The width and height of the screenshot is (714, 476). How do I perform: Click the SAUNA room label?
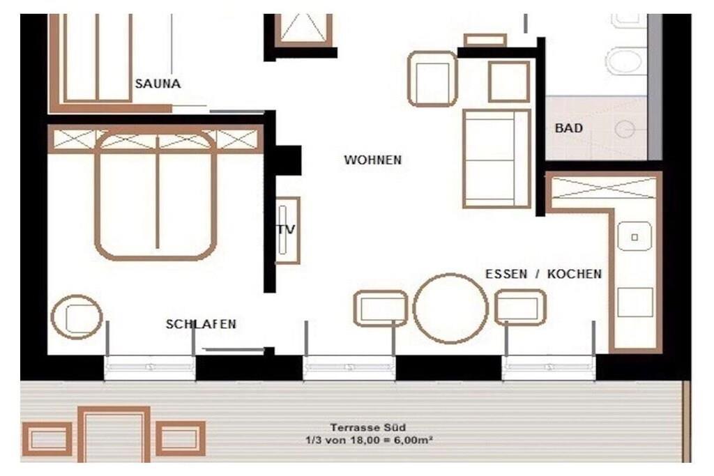pos(158,84)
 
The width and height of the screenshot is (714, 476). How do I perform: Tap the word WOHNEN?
pos(373,160)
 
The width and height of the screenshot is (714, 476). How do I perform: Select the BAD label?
pos(569,128)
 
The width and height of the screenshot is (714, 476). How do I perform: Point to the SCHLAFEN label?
pos(201,324)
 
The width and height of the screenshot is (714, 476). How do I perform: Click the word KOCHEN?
pos(575,274)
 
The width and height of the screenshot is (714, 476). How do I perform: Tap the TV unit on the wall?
pos(287,230)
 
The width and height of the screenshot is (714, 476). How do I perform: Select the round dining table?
pos(450,308)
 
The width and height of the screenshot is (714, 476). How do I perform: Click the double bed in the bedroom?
pos(155,194)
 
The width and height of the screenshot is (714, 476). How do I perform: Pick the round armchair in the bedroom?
pos(77,316)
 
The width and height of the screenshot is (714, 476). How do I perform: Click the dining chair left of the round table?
pos(381,309)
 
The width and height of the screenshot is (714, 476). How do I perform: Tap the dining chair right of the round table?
pos(520,307)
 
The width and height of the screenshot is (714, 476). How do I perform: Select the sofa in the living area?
pos(496,159)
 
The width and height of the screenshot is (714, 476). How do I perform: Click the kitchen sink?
pos(635,236)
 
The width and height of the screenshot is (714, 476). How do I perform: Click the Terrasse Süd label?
pos(368,427)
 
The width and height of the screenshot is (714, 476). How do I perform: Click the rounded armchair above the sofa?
pos(432,79)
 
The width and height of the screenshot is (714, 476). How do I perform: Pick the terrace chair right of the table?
pos(181,438)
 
